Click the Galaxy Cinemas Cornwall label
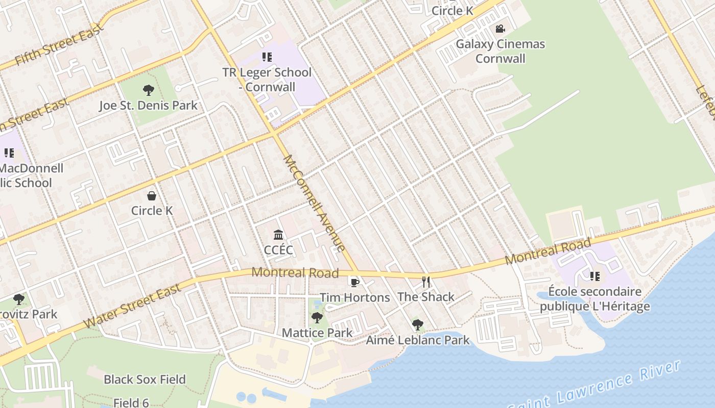point(500,51)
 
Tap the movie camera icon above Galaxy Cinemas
point(500,29)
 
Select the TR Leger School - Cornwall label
point(267,80)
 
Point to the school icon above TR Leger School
point(267,57)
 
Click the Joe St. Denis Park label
point(148,106)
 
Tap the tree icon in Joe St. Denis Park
point(149,91)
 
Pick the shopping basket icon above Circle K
point(152,196)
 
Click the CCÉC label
point(278,250)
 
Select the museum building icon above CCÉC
point(278,235)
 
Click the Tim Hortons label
point(354,297)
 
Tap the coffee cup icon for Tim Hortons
point(354,282)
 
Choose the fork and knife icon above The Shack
point(426,282)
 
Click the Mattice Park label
point(317,333)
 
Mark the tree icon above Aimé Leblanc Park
point(418,324)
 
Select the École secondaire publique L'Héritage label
point(594,299)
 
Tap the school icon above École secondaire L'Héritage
point(594,276)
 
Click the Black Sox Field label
point(145,379)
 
